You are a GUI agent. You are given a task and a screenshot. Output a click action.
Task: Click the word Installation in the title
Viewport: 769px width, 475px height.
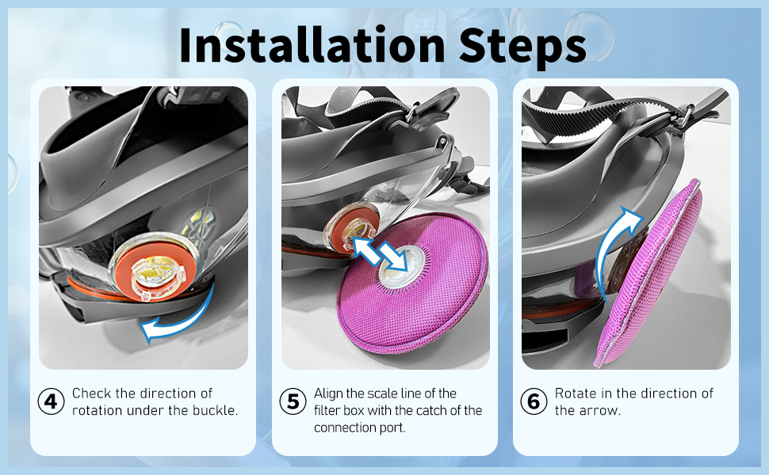312,44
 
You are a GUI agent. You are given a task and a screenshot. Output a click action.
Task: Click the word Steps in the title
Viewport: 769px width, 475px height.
522,47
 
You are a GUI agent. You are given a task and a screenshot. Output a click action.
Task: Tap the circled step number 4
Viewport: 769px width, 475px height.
51,401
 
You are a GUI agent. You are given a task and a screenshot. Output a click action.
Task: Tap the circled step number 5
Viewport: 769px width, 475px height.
293,401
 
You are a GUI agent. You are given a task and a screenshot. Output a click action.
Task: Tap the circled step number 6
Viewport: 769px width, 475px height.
534,401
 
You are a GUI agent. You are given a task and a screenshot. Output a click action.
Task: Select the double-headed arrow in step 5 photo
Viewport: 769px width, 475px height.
380,253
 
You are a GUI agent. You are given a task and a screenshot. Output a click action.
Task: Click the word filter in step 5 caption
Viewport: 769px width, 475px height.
326,410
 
